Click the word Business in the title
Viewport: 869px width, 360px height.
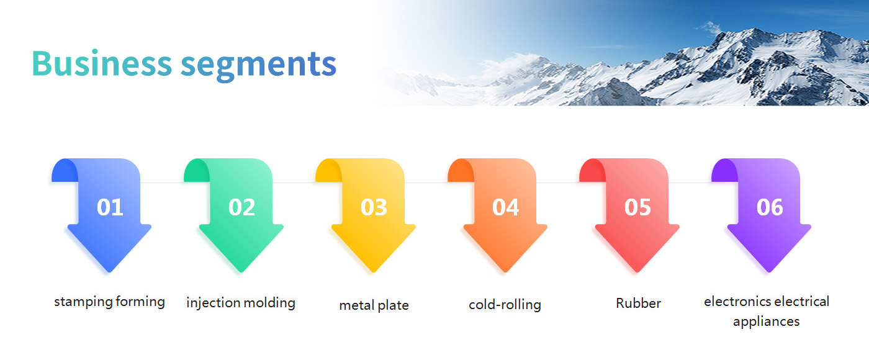[x=102, y=63]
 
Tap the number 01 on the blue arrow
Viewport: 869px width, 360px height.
[x=110, y=207]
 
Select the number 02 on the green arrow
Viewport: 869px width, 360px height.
[x=241, y=207]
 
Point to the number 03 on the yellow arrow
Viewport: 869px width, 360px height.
[x=374, y=207]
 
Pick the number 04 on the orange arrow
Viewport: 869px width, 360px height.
[x=505, y=207]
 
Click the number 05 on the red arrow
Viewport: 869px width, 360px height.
[x=637, y=207]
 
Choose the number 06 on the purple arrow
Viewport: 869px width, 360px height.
[x=770, y=207]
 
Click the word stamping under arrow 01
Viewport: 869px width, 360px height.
[x=83, y=302]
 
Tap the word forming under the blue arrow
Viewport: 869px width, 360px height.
[x=140, y=302]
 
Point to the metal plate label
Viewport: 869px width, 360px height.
[x=374, y=305]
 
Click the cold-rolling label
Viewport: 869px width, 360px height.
[x=505, y=305]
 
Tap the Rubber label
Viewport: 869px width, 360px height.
[x=638, y=304]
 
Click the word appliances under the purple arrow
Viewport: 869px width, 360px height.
[x=766, y=322]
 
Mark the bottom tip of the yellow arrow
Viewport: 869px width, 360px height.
[x=373, y=272]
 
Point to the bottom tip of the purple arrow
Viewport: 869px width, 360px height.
[x=769, y=272]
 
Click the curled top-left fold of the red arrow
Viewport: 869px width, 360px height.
[x=592, y=171]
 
